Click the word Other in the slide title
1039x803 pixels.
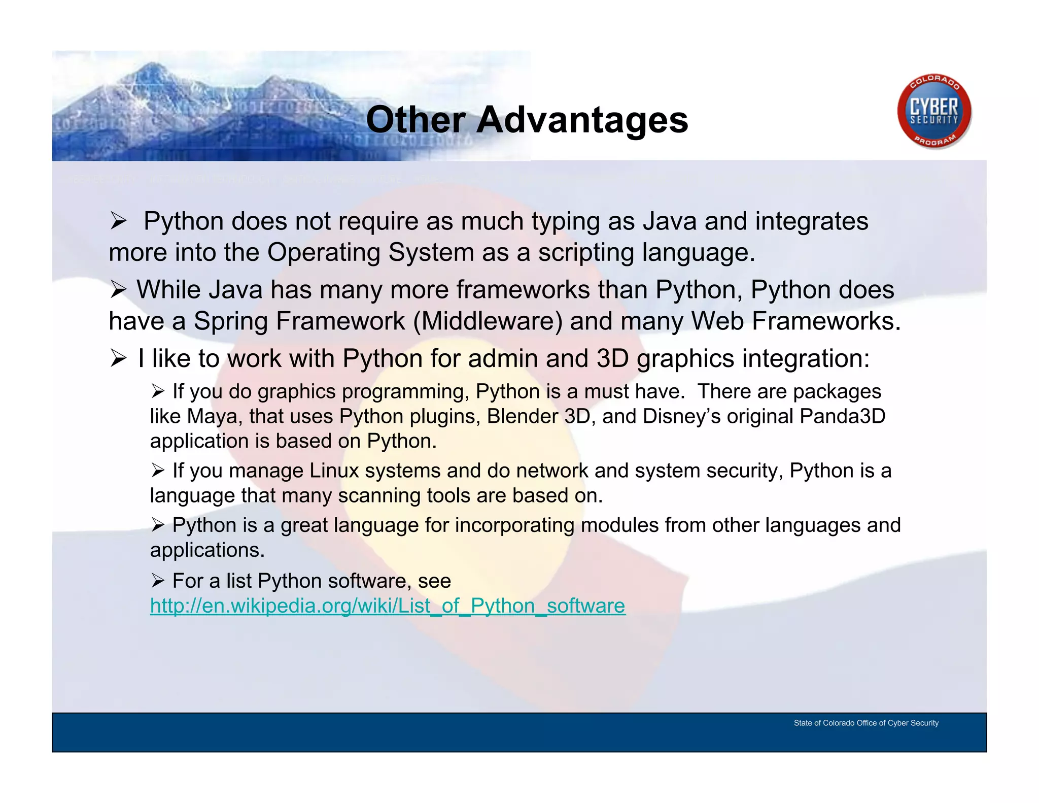415,121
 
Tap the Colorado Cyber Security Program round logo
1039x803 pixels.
934,112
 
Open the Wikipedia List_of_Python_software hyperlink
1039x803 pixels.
388,606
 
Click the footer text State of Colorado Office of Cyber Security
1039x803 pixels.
866,723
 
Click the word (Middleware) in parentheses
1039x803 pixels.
488,321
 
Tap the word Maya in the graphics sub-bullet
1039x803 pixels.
212,417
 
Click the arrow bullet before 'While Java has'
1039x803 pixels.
119,290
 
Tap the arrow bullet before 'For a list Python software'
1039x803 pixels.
158,580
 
